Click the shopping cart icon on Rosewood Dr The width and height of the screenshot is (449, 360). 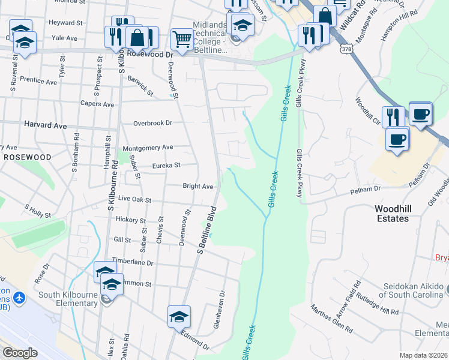tap(181, 39)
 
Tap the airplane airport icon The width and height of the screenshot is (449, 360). tap(20, 298)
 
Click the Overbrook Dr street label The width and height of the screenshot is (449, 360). tap(152, 123)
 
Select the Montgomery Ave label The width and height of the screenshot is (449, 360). tap(148, 148)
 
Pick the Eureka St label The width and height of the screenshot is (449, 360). tap(166, 166)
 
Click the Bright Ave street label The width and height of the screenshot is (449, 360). tap(198, 187)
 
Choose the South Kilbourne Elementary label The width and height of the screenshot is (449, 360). tap(68, 299)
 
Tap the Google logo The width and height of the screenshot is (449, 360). tap(20, 353)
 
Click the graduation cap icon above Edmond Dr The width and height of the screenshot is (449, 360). tap(179, 316)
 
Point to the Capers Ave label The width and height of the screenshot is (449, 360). tap(97, 104)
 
